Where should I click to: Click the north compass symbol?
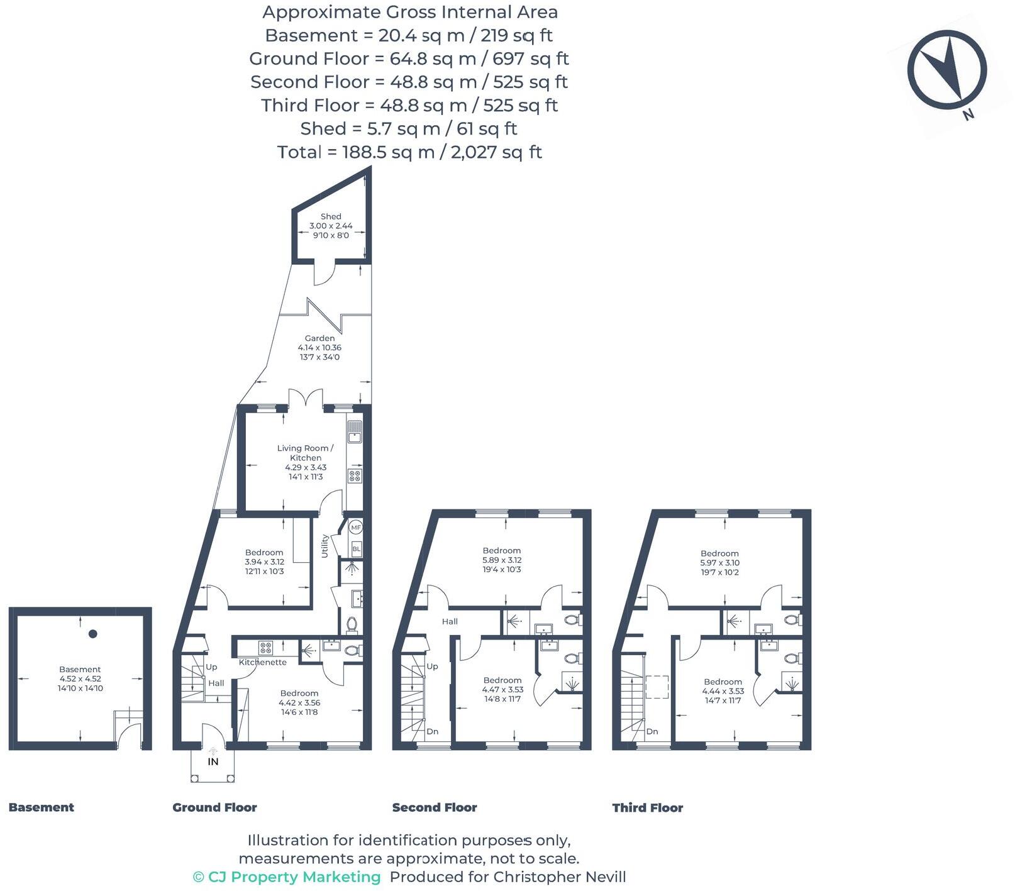point(946,70)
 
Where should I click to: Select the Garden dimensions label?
point(319,352)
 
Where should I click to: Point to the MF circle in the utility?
point(356,528)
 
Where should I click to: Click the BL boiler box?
point(357,548)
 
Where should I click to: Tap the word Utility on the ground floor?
point(325,546)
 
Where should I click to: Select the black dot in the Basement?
point(93,634)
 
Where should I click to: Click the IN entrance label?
point(213,761)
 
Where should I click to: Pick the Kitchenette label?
point(262,662)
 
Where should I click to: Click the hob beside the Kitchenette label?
point(265,647)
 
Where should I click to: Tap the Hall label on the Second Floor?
point(450,621)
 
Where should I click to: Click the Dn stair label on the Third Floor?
point(652,731)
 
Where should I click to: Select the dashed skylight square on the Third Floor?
point(657,687)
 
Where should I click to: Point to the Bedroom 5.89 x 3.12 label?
point(502,560)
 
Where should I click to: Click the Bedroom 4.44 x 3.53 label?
point(723,690)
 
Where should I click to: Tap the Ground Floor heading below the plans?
point(214,807)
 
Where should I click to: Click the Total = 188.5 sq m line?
point(409,152)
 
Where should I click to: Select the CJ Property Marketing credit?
point(287,877)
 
